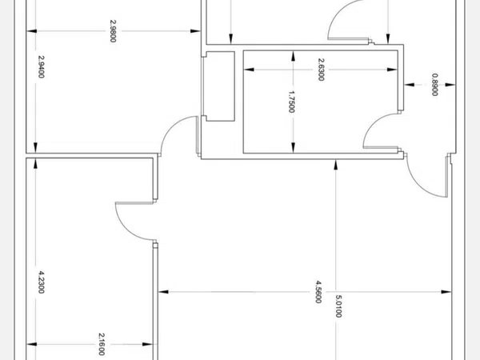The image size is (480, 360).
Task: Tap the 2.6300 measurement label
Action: tap(321, 70)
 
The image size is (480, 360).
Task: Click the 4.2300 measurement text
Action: tap(41, 284)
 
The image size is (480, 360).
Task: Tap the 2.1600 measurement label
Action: tap(102, 344)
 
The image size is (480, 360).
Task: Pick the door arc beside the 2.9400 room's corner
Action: tap(178, 136)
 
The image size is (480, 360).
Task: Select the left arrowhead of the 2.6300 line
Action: tap(247, 70)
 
